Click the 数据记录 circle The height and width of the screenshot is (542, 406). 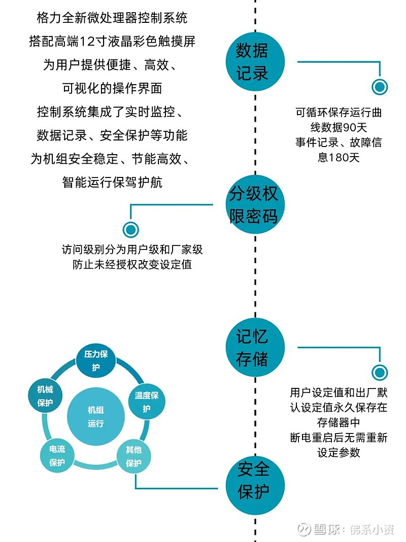click(x=255, y=62)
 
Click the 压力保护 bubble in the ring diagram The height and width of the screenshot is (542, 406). click(x=96, y=360)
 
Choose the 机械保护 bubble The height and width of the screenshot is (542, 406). click(x=45, y=396)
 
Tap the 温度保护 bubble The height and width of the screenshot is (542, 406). click(x=146, y=402)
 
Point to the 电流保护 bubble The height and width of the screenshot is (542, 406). click(x=57, y=456)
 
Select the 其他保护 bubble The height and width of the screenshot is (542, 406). click(x=133, y=456)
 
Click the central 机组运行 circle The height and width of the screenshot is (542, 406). click(x=95, y=417)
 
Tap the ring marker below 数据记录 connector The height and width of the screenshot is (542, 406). click(x=380, y=87)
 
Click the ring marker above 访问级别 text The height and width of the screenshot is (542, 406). click(x=131, y=230)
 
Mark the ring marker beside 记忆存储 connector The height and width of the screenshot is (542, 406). click(x=380, y=372)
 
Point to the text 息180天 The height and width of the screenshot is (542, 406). click(x=339, y=157)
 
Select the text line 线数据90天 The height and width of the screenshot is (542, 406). click(x=339, y=128)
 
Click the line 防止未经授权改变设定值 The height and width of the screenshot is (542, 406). click(x=132, y=265)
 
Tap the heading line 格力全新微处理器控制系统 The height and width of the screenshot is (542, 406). click(x=112, y=18)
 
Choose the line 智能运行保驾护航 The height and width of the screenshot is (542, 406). click(x=112, y=182)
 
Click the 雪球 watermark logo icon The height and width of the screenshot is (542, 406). click(x=304, y=529)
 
